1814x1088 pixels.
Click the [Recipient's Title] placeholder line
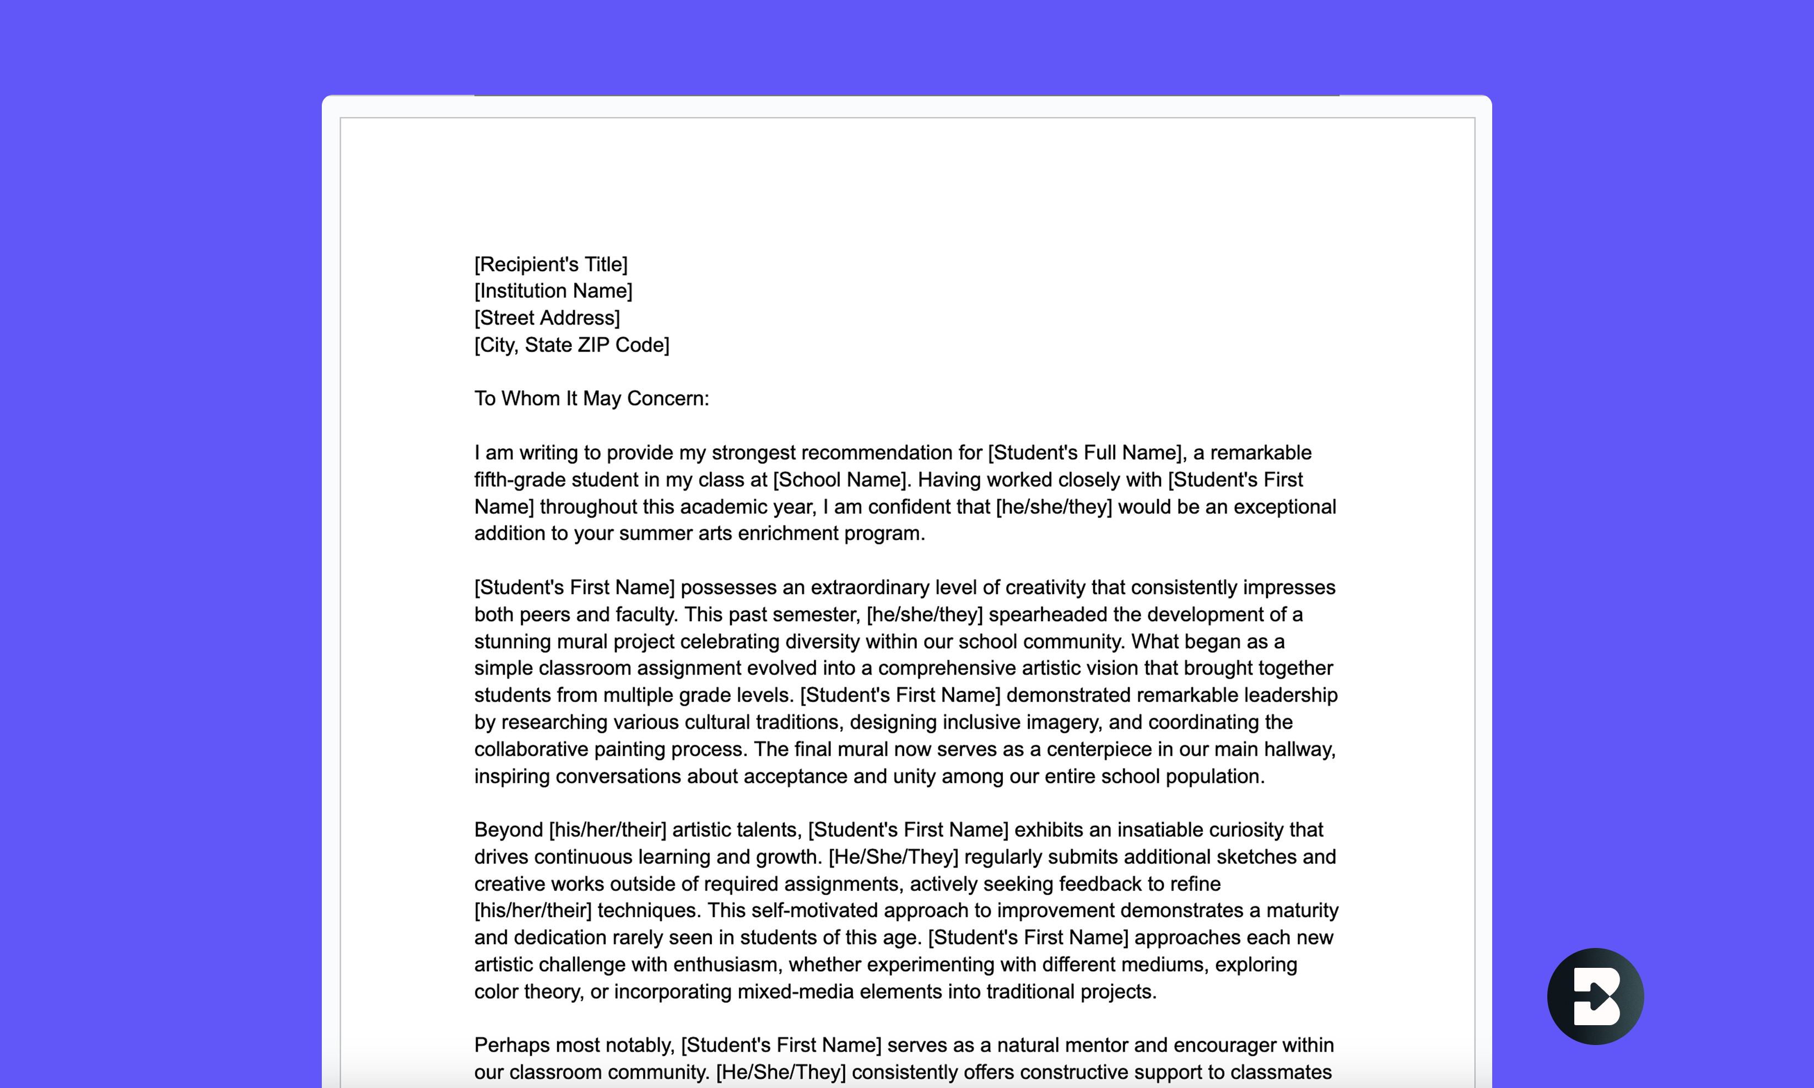550,264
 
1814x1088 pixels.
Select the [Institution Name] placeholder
553,291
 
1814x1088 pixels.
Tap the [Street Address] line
547,318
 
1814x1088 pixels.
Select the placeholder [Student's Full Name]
1085,453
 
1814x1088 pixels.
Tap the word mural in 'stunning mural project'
582,642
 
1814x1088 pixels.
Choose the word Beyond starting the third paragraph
508,830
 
